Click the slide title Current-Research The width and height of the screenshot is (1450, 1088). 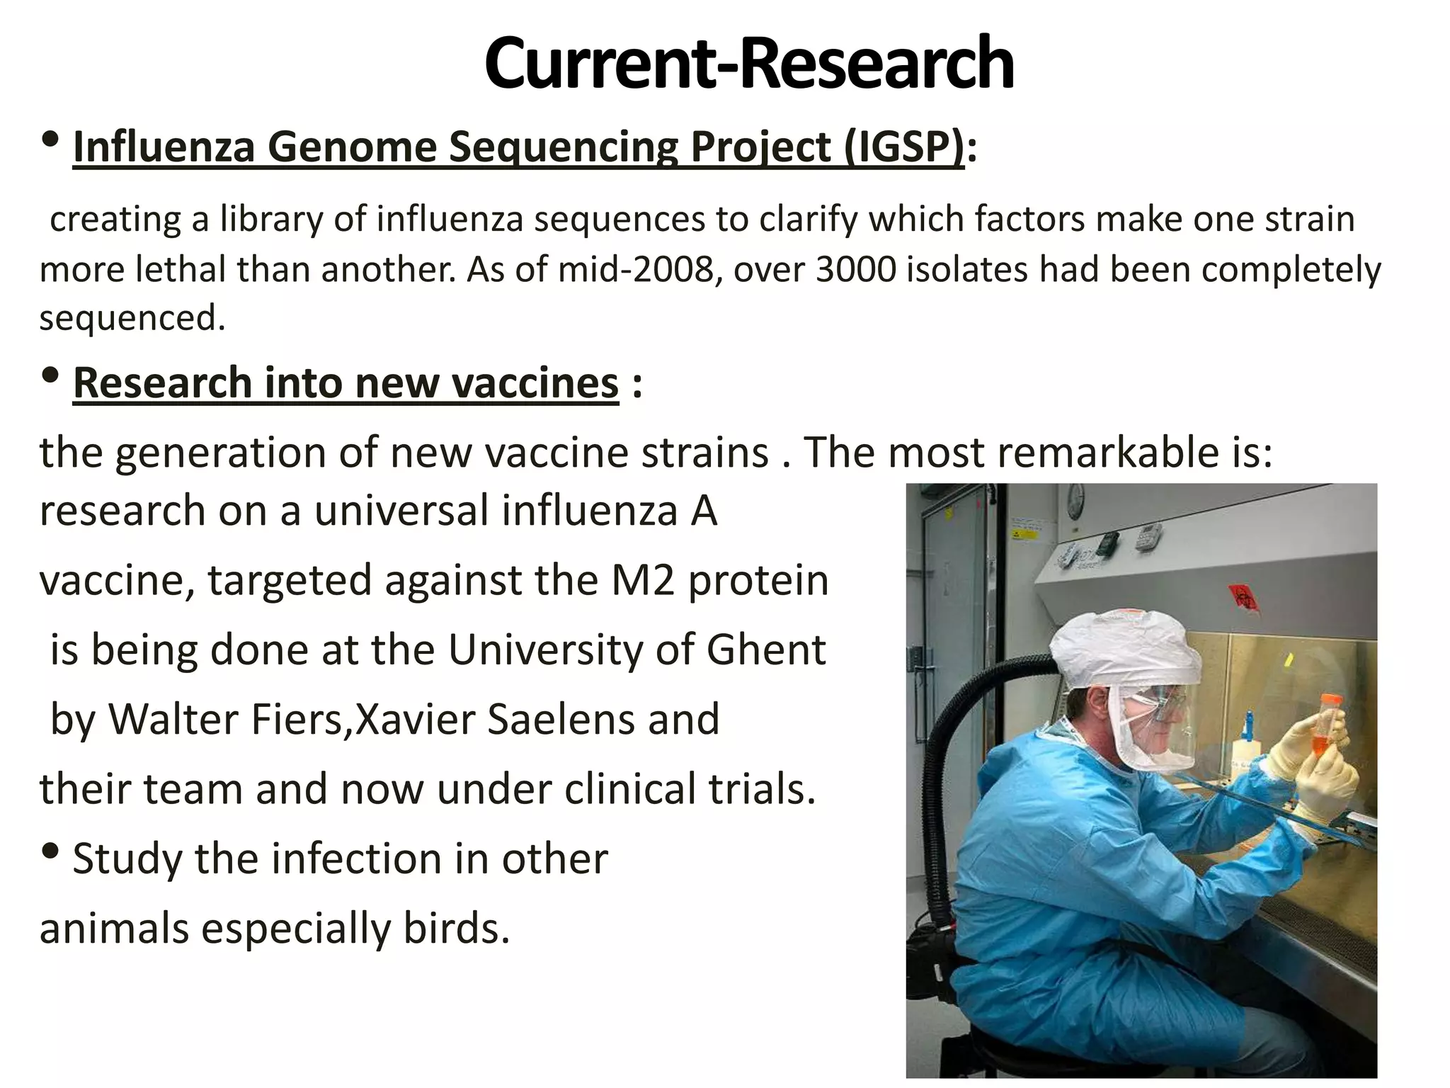[749, 64]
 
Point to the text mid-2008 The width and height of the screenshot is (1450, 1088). [636, 270]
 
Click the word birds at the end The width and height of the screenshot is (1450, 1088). [456, 928]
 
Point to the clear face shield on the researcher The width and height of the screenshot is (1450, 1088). [1161, 730]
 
